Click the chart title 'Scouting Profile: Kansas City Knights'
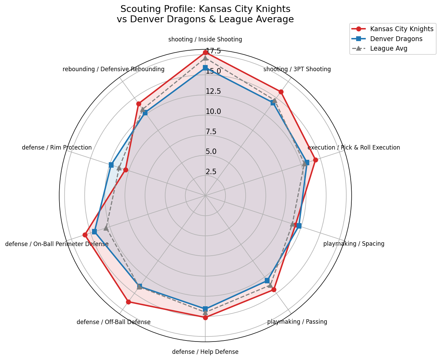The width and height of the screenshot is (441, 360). coord(205,9)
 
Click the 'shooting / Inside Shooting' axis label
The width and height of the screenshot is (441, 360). coord(205,39)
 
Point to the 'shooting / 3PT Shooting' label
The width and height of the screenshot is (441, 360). coord(297,69)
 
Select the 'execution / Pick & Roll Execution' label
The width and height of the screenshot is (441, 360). coord(353,148)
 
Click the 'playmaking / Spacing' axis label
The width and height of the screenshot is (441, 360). coord(354,244)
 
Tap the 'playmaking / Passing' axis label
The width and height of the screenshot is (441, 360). coord(297,322)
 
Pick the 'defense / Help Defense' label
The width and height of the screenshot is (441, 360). coord(205,352)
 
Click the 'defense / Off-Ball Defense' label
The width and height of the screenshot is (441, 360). coord(114,322)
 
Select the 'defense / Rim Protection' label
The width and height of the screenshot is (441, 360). coord(57,148)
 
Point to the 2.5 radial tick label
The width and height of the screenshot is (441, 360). coord(211,172)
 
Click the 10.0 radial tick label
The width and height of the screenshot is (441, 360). coord(213,112)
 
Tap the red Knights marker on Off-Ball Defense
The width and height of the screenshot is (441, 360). coord(128,302)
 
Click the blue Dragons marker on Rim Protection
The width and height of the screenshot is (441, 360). coord(111,165)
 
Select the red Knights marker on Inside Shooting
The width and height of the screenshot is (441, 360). coord(205,52)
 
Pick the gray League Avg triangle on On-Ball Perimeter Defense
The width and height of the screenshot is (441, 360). coord(106,228)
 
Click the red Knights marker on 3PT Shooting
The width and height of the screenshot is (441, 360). coord(281,92)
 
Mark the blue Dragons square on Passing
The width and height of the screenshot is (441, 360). coord(267,281)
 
